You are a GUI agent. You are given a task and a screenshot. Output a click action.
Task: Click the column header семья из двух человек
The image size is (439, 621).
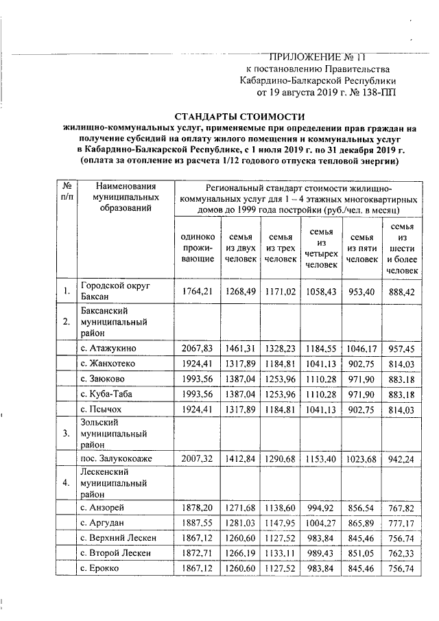240,248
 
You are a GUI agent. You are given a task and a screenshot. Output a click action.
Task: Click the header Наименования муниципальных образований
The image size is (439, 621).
126,197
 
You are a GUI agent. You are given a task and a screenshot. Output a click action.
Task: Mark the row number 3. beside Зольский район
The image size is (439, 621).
65,434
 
